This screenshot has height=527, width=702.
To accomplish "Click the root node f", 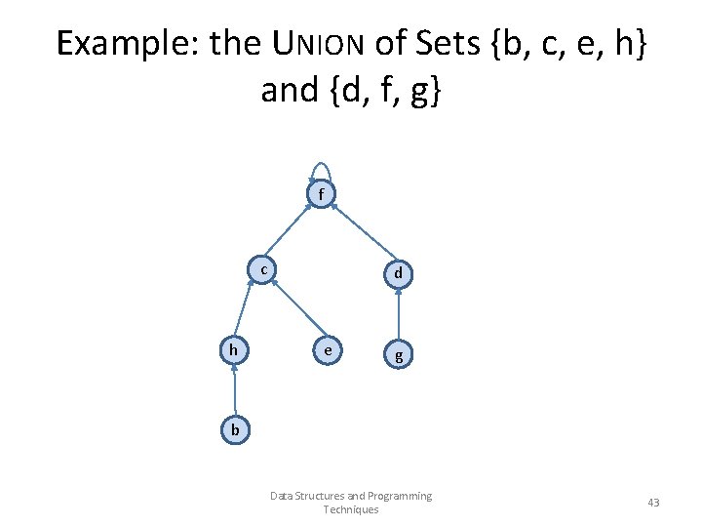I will tap(321, 195).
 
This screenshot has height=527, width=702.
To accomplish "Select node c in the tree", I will tap(263, 269).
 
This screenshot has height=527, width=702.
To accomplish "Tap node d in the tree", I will tap(399, 275).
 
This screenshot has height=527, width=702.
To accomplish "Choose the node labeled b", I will tap(235, 428).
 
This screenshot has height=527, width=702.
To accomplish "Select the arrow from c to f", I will tap(290, 232).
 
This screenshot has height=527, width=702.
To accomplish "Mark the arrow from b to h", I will tap(235, 388).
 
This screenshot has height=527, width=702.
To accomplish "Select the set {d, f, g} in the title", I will tap(385, 90).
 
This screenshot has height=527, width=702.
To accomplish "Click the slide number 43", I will tap(653, 502).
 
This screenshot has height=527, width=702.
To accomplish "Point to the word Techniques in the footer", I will tap(350, 509).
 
